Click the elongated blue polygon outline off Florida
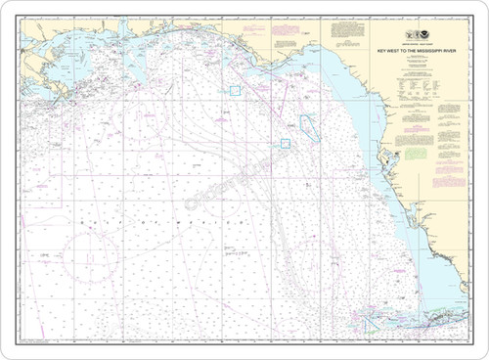click(308, 126)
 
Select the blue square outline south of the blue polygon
click(287, 143)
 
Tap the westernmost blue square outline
click(235, 90)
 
